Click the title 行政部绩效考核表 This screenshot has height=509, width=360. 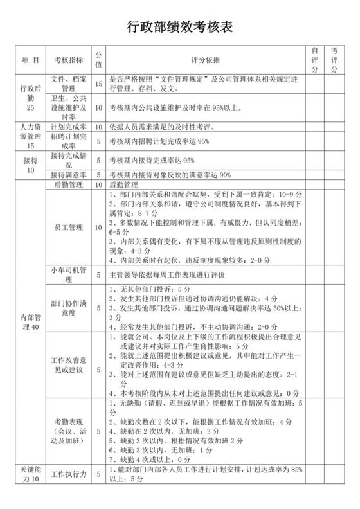(179, 26)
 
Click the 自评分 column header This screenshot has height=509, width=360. (315, 60)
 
